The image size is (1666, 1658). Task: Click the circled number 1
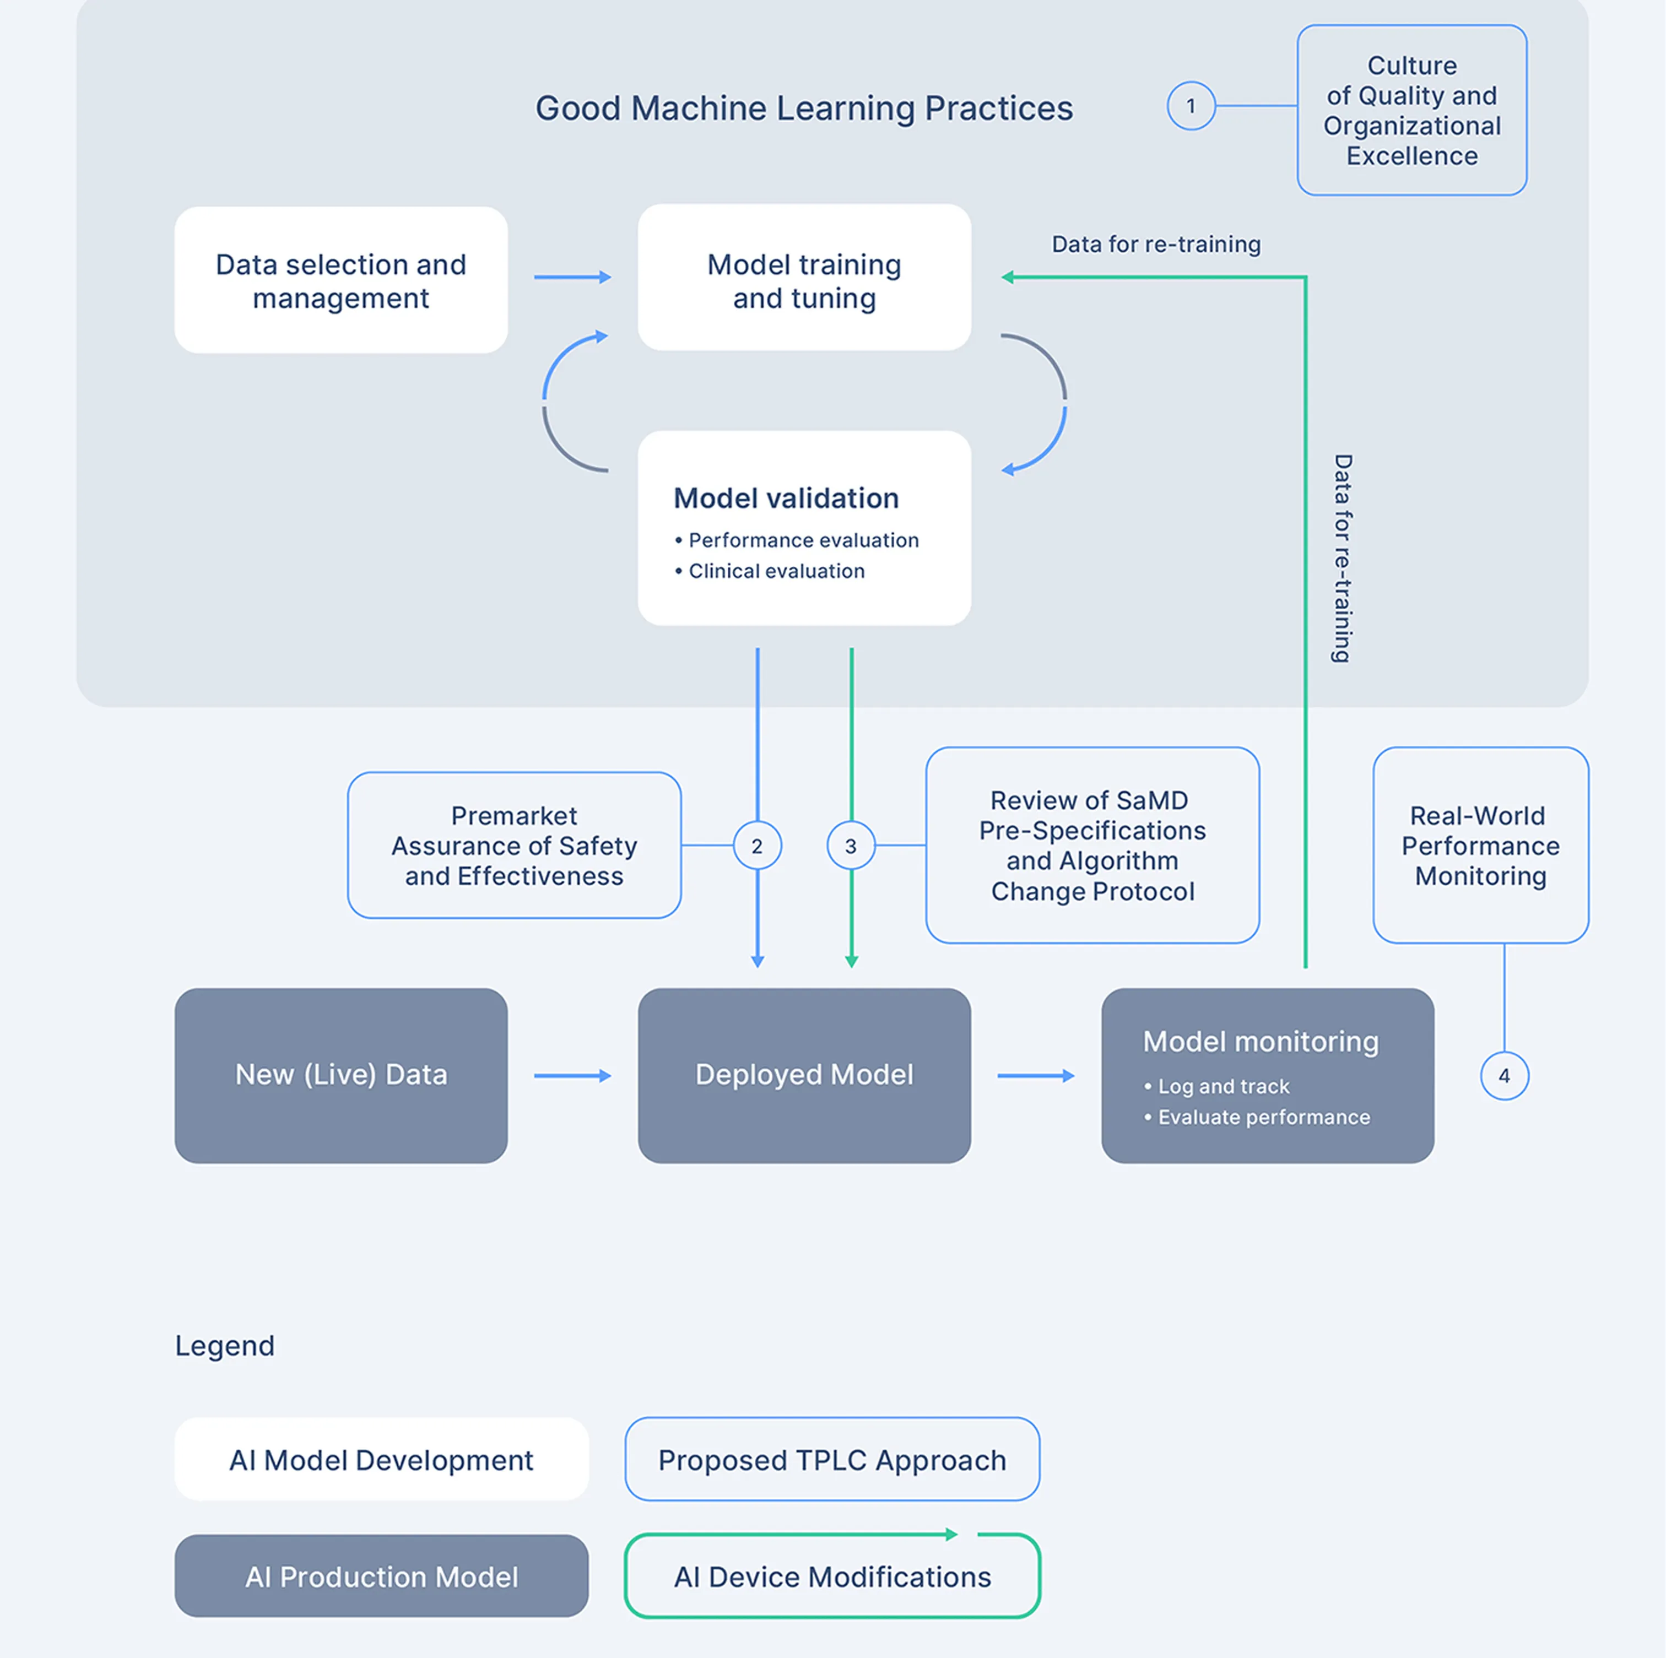(1191, 106)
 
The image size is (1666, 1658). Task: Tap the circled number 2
(757, 846)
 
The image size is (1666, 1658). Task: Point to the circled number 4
(1504, 1075)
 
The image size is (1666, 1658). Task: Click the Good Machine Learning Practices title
(804, 109)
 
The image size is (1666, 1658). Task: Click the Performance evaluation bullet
(802, 540)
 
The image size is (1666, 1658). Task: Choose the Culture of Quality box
(1411, 110)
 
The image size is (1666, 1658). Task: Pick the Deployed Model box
(804, 1075)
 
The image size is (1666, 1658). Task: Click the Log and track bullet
(1222, 1086)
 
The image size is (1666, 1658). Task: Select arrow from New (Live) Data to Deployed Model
(572, 1075)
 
